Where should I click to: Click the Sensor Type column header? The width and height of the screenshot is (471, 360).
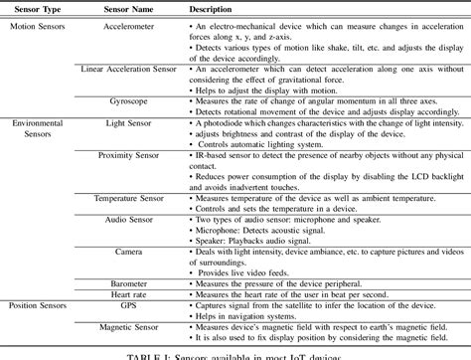[x=37, y=9]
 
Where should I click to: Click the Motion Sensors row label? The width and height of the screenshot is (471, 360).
[x=37, y=26]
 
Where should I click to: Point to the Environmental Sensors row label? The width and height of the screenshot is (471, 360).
[x=37, y=127]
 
